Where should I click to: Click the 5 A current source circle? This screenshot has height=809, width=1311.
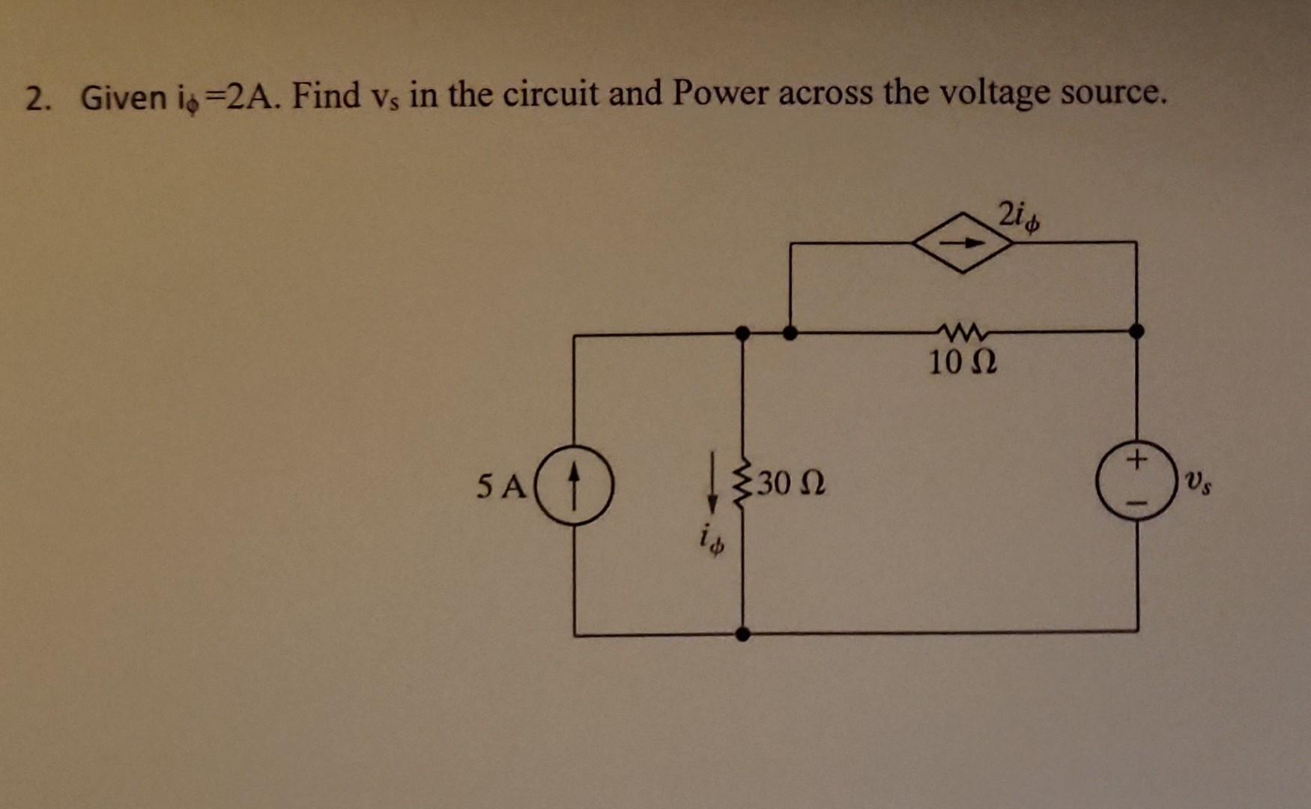(x=574, y=485)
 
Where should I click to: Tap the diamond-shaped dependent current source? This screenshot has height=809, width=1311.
(x=962, y=243)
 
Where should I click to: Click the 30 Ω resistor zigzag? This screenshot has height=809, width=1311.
(x=742, y=484)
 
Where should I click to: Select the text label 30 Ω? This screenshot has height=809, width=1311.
(x=791, y=485)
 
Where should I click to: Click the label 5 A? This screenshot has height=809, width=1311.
(x=501, y=487)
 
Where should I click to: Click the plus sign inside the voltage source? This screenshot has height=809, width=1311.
(x=1136, y=457)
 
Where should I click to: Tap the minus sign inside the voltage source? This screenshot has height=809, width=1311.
(x=1136, y=503)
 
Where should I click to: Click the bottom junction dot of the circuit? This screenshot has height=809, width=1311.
(x=742, y=634)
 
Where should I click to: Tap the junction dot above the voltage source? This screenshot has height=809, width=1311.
(x=1136, y=330)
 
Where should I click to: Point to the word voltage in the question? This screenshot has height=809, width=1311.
(x=984, y=94)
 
